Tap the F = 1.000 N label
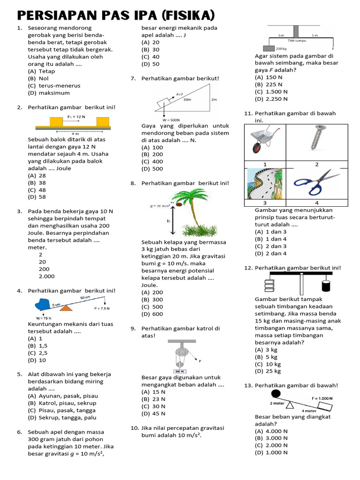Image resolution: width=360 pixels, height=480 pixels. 322,398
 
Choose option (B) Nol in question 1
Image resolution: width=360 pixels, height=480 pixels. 42,78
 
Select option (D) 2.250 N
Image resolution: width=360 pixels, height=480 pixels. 271,99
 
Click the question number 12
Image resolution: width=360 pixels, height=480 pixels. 248,268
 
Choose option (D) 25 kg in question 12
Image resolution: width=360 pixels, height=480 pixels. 268,371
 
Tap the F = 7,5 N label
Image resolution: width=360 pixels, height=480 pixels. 102,308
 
